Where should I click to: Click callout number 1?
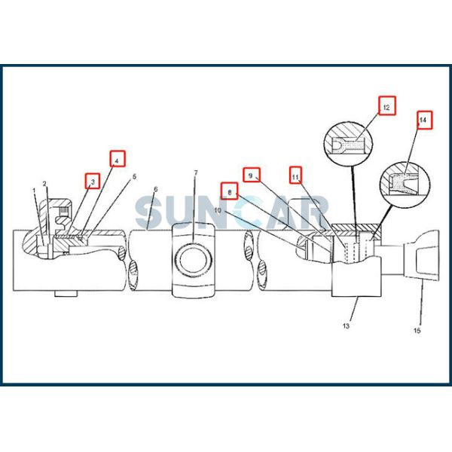pos(35,191)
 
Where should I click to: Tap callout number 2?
pos(44,184)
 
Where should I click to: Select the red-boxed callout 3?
pos(93,181)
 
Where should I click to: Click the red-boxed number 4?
pos(118,158)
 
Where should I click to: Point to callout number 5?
pos(134,177)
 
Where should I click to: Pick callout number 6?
pos(156,189)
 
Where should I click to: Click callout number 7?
pos(196,173)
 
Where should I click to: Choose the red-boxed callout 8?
pos(230,191)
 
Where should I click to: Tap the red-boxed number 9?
pos(252,175)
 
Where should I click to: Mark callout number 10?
pos(218,210)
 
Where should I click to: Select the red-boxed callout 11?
pos(295,175)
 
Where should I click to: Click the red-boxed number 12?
pos(387,105)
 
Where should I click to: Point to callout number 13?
pos(346,326)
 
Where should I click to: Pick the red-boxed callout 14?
pos(425,120)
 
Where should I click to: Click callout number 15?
pos(417,331)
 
